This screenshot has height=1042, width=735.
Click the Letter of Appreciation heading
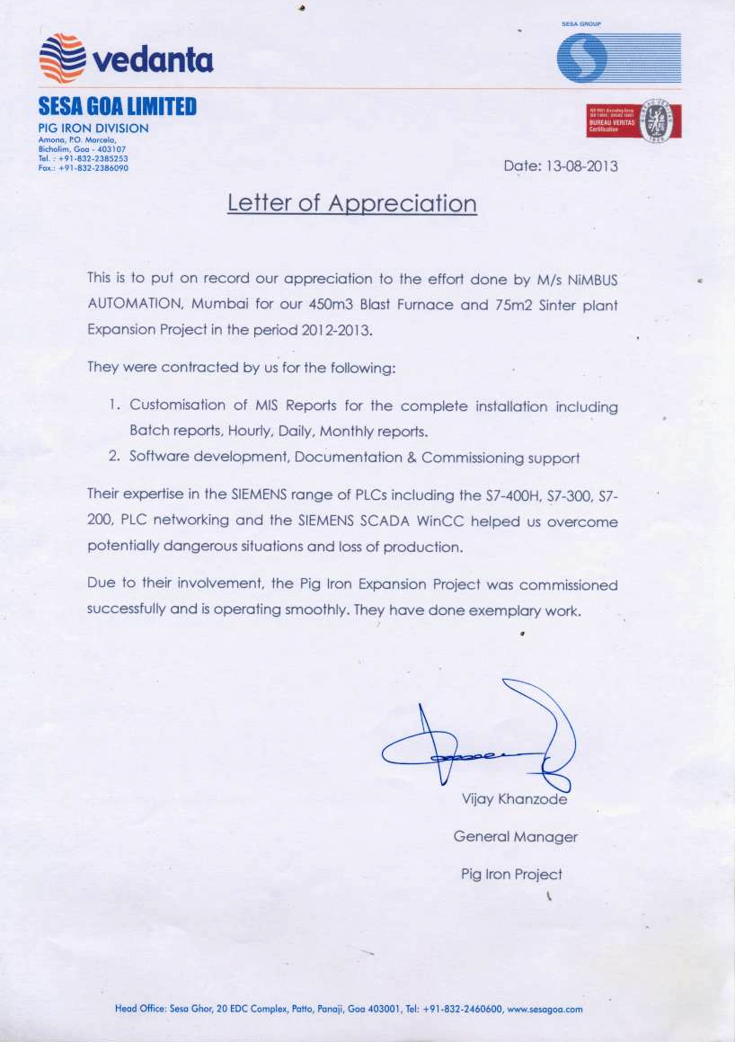351,203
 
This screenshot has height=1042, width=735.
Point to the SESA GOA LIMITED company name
117,109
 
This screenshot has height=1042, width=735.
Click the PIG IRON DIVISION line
93,129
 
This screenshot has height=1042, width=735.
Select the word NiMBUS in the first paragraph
589,280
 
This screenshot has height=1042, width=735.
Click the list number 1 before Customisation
113,406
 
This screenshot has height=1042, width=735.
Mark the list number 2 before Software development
114,457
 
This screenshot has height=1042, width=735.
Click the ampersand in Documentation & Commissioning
412,458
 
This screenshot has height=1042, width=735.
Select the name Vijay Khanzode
514,799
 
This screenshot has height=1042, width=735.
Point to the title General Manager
515,837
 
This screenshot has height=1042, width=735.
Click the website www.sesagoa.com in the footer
545,1009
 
